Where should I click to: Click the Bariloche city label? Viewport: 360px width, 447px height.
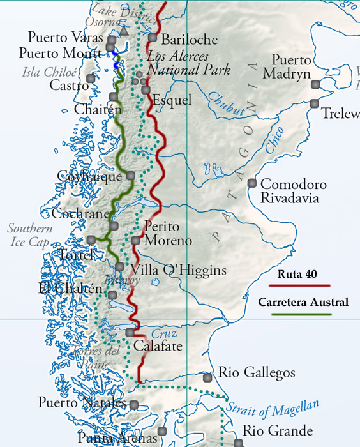(x=189, y=39)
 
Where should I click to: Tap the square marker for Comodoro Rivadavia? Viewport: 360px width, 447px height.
(x=253, y=183)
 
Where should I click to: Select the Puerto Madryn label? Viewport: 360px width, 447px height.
(x=292, y=66)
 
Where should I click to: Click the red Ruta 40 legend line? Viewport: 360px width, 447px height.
(x=304, y=287)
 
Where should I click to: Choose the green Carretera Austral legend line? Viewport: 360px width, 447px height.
(x=304, y=314)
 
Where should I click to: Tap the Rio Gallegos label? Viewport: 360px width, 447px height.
(x=257, y=372)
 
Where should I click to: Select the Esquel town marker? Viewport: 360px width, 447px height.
(x=146, y=90)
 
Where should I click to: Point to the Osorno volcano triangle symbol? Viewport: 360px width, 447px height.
(x=123, y=30)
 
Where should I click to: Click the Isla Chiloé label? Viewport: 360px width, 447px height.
(x=49, y=72)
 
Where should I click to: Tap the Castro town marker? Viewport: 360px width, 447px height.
(x=91, y=79)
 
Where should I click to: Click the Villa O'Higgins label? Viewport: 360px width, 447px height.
(x=178, y=270)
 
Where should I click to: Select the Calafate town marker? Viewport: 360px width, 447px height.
(x=130, y=332)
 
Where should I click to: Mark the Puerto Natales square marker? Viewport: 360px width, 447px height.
(x=134, y=404)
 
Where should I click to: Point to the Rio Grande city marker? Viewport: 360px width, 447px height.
(x=237, y=443)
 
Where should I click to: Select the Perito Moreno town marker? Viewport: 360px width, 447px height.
(x=135, y=240)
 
